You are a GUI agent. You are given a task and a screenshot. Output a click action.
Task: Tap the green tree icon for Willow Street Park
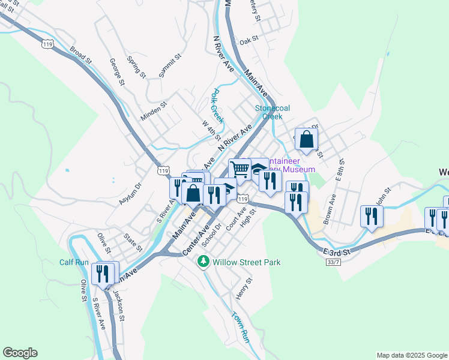[204, 262]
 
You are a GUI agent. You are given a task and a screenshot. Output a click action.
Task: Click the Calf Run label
[74, 262]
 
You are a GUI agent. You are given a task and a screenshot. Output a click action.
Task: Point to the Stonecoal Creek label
[273, 112]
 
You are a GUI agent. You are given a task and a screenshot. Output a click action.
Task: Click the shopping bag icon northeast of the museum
[306, 139]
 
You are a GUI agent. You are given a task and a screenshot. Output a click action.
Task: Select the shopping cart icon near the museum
[240, 169]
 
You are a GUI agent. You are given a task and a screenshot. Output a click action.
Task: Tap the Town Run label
[240, 328]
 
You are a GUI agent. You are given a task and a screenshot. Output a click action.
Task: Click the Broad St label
[80, 56]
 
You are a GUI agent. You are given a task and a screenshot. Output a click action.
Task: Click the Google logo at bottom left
[20, 353]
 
